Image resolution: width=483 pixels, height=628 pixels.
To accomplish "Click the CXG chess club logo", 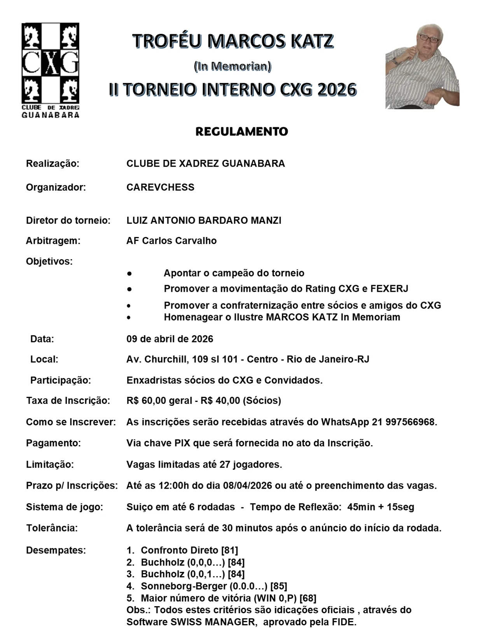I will (50, 70).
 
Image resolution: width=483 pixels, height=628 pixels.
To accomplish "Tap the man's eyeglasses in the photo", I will (428, 39).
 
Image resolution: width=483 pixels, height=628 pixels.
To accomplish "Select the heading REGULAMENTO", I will (241, 132).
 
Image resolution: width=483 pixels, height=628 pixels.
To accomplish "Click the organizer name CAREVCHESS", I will (160, 187).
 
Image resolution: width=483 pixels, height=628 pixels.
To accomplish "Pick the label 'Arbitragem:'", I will (53, 241).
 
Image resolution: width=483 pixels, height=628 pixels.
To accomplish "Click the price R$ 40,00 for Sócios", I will (220, 400).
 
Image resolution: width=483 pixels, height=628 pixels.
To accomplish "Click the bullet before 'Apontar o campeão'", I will (129, 274).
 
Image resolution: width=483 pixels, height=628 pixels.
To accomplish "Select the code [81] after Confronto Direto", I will (229, 550).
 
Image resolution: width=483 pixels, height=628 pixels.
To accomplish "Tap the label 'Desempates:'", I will (56, 550).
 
